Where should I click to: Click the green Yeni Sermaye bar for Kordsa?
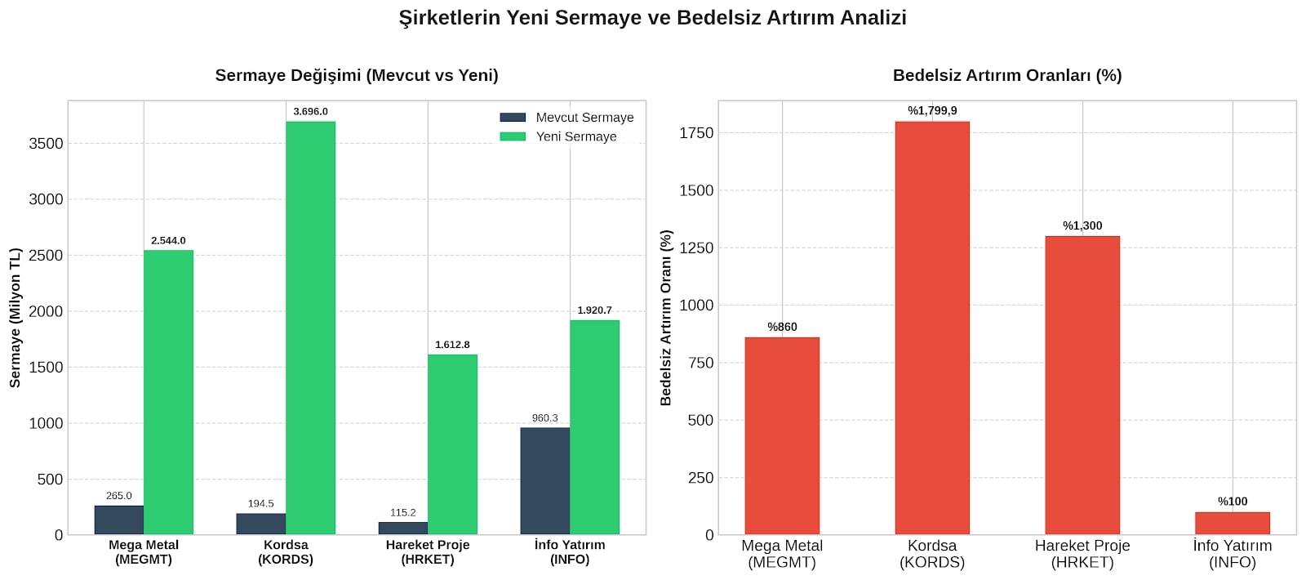310,328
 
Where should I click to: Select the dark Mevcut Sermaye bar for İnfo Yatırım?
544,481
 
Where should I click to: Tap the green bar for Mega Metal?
168,392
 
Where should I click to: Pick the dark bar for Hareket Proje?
403,528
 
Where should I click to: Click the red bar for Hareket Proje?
1082,385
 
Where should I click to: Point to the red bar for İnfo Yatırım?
1233,524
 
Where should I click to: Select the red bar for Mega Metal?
782,436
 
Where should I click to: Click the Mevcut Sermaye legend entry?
566,118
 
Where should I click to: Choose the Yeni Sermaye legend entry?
558,136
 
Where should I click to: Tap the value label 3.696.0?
310,111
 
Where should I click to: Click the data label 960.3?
544,417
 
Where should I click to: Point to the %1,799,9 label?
932,111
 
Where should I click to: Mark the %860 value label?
782,327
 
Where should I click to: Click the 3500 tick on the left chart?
46,144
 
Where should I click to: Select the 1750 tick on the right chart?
696,133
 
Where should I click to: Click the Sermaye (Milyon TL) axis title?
16,318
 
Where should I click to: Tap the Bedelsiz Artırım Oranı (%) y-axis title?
666,318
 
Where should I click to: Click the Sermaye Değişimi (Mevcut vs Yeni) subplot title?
357,75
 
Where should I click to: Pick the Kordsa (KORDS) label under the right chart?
932,554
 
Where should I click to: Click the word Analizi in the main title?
873,17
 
